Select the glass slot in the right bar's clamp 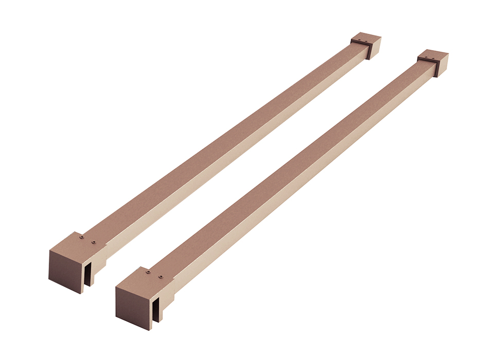[x=155, y=309]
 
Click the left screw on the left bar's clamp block [x=82, y=237]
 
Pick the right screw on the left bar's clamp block [x=93, y=241]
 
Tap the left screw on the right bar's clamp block [x=148, y=272]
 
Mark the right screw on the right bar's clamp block [x=161, y=277]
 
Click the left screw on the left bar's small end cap [x=359, y=38]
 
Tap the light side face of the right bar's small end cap [x=442, y=65]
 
